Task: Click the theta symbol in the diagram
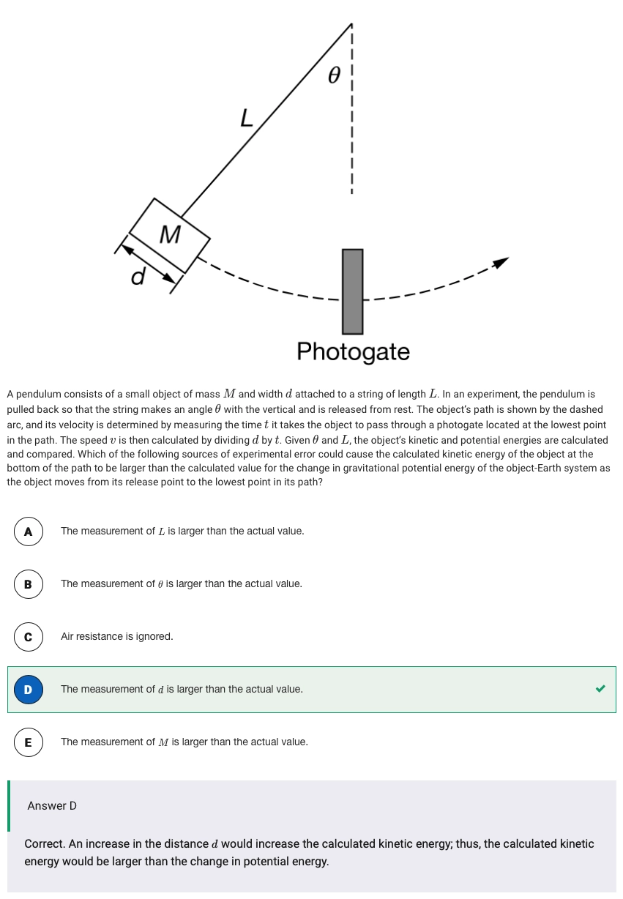point(335,75)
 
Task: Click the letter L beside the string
point(247,117)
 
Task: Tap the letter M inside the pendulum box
point(170,234)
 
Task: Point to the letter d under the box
point(138,277)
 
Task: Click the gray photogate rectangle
point(353,291)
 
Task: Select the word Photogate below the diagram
point(353,351)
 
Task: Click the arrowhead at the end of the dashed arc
point(500,261)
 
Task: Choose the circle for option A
point(28,531)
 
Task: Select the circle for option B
point(28,584)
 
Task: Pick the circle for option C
point(28,637)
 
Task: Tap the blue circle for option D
point(28,690)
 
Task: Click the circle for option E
point(28,742)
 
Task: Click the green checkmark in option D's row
point(600,689)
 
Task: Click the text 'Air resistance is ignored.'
point(117,637)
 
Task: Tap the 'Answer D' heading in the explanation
point(52,806)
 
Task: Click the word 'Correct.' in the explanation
point(45,844)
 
